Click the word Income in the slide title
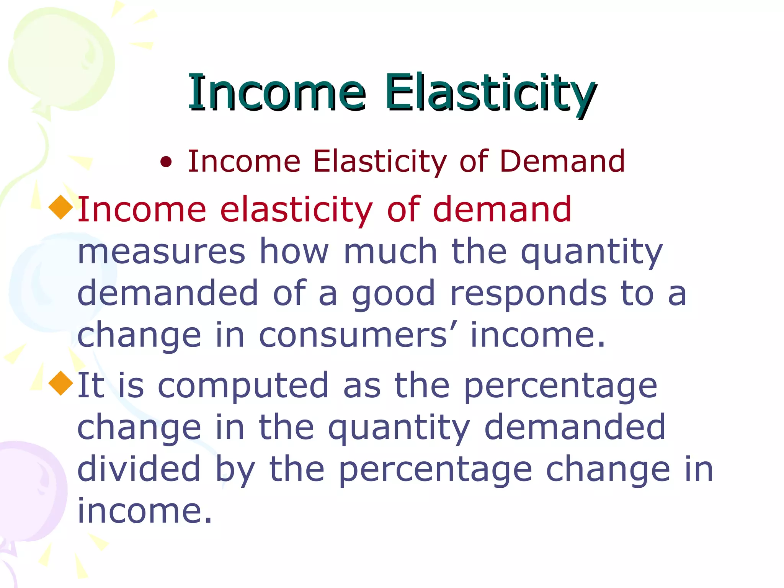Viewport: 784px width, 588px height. [x=276, y=93]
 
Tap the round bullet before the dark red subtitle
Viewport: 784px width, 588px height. [x=166, y=163]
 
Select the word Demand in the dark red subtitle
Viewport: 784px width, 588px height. [x=562, y=161]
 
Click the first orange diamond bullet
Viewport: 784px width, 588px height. [x=61, y=207]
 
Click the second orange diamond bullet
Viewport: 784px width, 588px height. [x=61, y=383]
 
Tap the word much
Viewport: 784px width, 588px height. [x=390, y=252]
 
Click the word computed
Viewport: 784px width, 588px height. [x=243, y=386]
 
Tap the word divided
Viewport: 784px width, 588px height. [x=139, y=469]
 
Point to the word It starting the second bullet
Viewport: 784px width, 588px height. [x=91, y=385]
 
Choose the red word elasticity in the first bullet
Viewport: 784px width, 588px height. [x=296, y=210]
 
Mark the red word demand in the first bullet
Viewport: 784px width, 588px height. [x=502, y=209]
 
